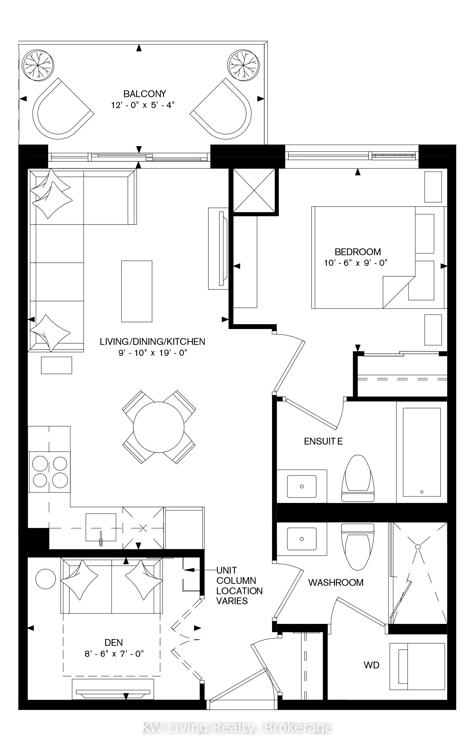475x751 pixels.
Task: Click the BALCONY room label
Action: [x=145, y=94]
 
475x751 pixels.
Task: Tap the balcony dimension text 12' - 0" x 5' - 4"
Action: [x=143, y=105]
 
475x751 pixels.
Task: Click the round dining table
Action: [x=158, y=427]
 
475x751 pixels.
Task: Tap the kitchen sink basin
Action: [x=101, y=527]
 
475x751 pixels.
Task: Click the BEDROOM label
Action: [x=358, y=252]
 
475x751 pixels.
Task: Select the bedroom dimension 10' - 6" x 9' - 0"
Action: [x=356, y=263]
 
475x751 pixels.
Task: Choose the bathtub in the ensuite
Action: [x=421, y=452]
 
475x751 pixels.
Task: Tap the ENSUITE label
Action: [x=323, y=441]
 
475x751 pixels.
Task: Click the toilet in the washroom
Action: [x=358, y=547]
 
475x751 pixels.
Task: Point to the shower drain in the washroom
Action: [x=418, y=547]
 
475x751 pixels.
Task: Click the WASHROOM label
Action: [x=336, y=582]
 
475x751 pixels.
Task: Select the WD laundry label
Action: [x=371, y=665]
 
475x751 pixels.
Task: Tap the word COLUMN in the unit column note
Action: [x=236, y=581]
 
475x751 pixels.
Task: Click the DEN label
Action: [x=114, y=642]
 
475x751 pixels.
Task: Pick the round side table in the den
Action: [x=45, y=579]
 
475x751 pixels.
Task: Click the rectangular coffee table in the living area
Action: [x=136, y=291]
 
